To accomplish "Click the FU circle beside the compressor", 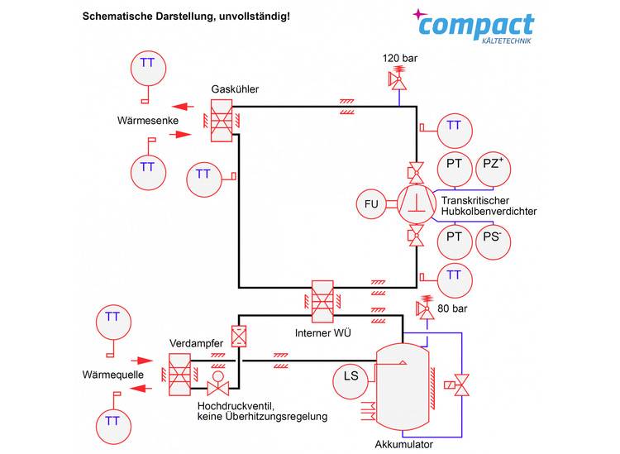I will [371, 203].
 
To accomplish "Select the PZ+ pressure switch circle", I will [492, 165].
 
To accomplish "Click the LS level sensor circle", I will [351, 377].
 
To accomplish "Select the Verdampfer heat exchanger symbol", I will [179, 373].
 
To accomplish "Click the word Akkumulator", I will [404, 444].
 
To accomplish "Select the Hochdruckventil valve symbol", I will [219, 385].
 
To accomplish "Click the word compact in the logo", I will [476, 26].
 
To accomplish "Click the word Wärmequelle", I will [114, 375].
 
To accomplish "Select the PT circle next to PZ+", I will [454, 165].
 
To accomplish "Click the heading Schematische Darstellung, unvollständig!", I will [186, 16].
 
